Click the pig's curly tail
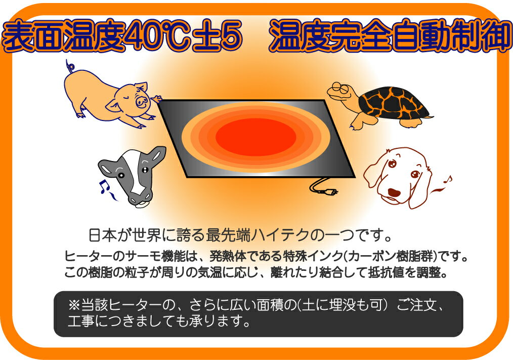point(70,66)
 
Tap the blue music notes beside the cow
point(106,189)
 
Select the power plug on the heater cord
point(330,191)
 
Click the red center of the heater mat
point(256,137)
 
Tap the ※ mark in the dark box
point(74,305)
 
